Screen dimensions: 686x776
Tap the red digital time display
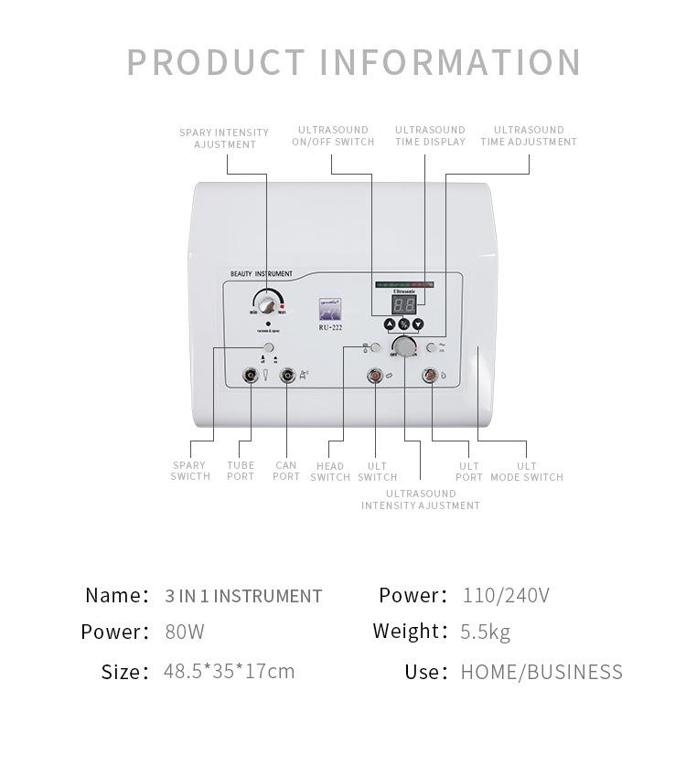(404, 304)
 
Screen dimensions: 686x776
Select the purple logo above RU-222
(329, 309)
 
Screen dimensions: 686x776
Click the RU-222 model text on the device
(329, 327)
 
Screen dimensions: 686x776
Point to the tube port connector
(250, 375)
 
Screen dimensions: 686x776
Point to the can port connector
(287, 375)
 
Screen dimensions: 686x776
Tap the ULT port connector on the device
(429, 375)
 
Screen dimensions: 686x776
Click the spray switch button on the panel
(268, 348)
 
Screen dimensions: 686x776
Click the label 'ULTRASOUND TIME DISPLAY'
(430, 135)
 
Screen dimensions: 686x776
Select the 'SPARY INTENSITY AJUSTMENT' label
(224, 138)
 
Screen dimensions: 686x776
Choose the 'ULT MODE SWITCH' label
(527, 472)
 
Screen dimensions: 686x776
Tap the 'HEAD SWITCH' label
(330, 472)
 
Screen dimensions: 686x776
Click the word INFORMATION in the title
(451, 63)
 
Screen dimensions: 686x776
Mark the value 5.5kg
(486, 632)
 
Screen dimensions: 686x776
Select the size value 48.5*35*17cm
(229, 671)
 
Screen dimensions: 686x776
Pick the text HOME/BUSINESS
(541, 672)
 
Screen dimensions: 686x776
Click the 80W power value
(185, 632)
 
